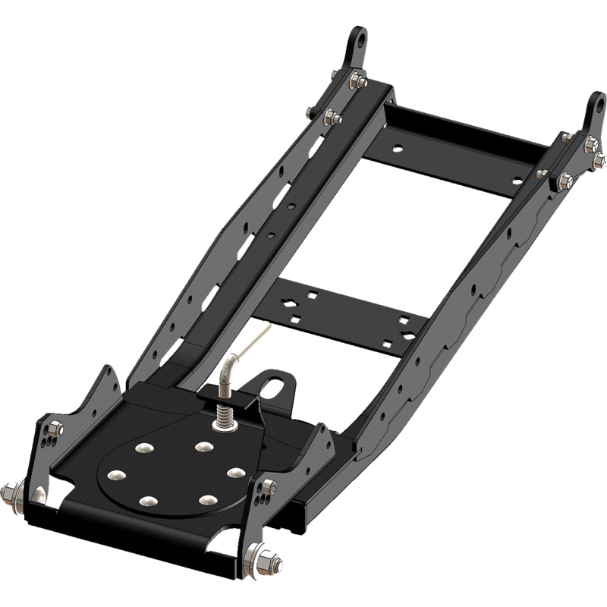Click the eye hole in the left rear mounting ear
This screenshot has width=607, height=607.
point(360,38)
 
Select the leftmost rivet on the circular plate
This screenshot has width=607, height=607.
point(115,475)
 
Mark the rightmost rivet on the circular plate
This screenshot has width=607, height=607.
point(233,473)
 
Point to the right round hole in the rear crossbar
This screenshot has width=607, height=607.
point(517,180)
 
